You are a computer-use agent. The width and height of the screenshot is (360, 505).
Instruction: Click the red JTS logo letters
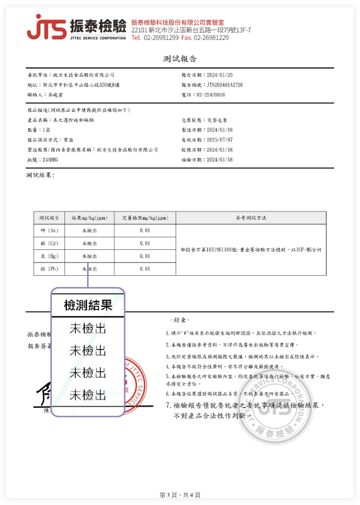pyautogui.click(x=46, y=28)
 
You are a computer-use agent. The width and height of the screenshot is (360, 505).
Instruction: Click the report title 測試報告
pyautogui.click(x=180, y=59)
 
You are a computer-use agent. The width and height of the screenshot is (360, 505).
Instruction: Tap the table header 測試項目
pyautogui.click(x=49, y=217)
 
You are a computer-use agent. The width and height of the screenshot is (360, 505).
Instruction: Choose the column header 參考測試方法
pyautogui.click(x=251, y=217)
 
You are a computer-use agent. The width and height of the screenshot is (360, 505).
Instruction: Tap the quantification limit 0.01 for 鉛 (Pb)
pyautogui.click(x=145, y=269)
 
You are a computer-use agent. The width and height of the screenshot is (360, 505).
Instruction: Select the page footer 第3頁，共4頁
pyautogui.click(x=180, y=494)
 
